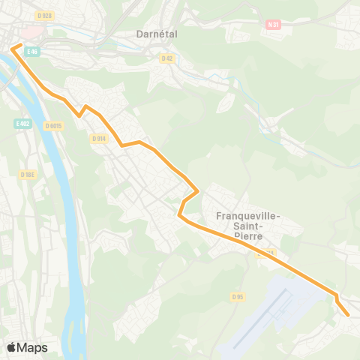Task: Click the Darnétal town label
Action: pos(157,34)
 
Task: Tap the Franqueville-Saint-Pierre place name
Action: pos(247,224)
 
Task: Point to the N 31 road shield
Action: pos(273,24)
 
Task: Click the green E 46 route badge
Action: pos(31,51)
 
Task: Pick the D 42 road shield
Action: pos(166,58)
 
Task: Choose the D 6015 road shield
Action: pos(52,126)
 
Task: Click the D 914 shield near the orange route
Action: pos(99,138)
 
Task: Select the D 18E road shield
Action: pos(27,174)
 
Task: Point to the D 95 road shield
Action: pos(238,297)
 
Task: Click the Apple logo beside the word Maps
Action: pos(11,347)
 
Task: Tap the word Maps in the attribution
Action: pos(32,347)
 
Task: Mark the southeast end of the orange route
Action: pos(348,315)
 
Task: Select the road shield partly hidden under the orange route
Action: pos(265,253)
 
